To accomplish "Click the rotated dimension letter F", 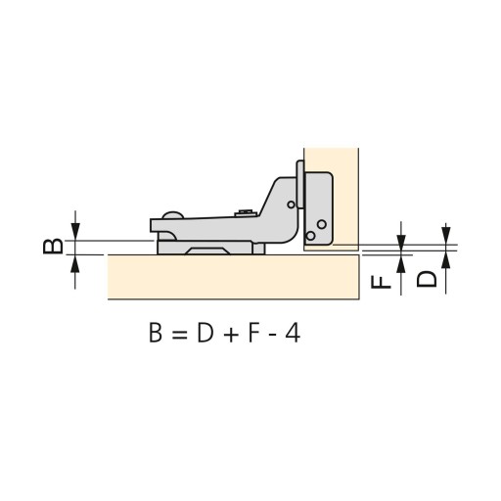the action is (381, 282).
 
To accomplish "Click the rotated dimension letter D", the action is (427, 279).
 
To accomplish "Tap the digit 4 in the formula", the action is (293, 333).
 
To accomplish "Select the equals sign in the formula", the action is (179, 335).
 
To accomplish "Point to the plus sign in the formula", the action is (231, 335).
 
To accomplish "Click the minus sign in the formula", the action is (270, 335).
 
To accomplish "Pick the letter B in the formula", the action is (156, 333).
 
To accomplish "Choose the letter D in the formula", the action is (205, 333).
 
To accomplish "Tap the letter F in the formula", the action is (254, 333).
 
